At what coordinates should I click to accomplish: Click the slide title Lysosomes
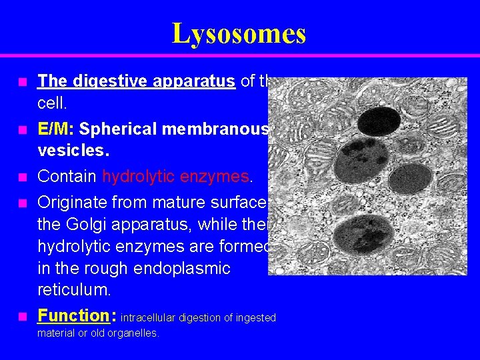[239, 33]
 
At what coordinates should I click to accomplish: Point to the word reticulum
[73, 291]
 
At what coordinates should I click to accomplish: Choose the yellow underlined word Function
[73, 315]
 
